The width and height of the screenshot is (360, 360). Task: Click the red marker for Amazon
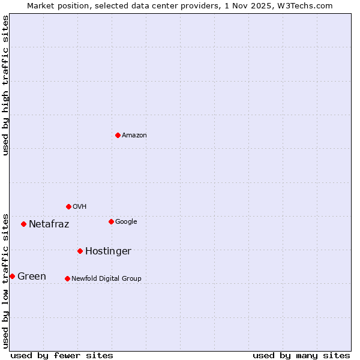[x=118, y=135]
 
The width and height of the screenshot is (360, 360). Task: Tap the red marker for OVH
[x=68, y=206]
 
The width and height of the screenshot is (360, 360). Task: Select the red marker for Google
[x=111, y=221]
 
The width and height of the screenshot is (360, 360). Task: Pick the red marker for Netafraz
[x=23, y=224]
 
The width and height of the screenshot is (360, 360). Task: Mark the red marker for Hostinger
[x=80, y=251]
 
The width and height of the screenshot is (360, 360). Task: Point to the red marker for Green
[x=12, y=276]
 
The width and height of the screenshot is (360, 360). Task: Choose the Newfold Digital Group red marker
[x=67, y=278]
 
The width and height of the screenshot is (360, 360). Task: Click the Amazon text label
[x=134, y=136]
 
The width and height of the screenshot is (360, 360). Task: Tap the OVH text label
[x=80, y=207]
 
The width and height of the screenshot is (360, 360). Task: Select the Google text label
[x=126, y=222]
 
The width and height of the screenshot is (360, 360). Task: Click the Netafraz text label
[x=49, y=224]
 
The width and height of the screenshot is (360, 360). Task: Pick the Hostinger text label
[x=108, y=251]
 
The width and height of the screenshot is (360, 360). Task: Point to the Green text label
[x=32, y=277]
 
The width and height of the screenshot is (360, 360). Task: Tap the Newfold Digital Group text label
[x=106, y=279]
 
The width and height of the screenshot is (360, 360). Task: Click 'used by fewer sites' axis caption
[x=62, y=355]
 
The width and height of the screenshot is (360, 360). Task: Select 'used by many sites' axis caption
[x=301, y=355]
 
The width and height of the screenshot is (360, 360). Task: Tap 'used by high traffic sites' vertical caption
[x=5, y=85]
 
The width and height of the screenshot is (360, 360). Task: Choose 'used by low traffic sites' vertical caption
[x=5, y=281]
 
